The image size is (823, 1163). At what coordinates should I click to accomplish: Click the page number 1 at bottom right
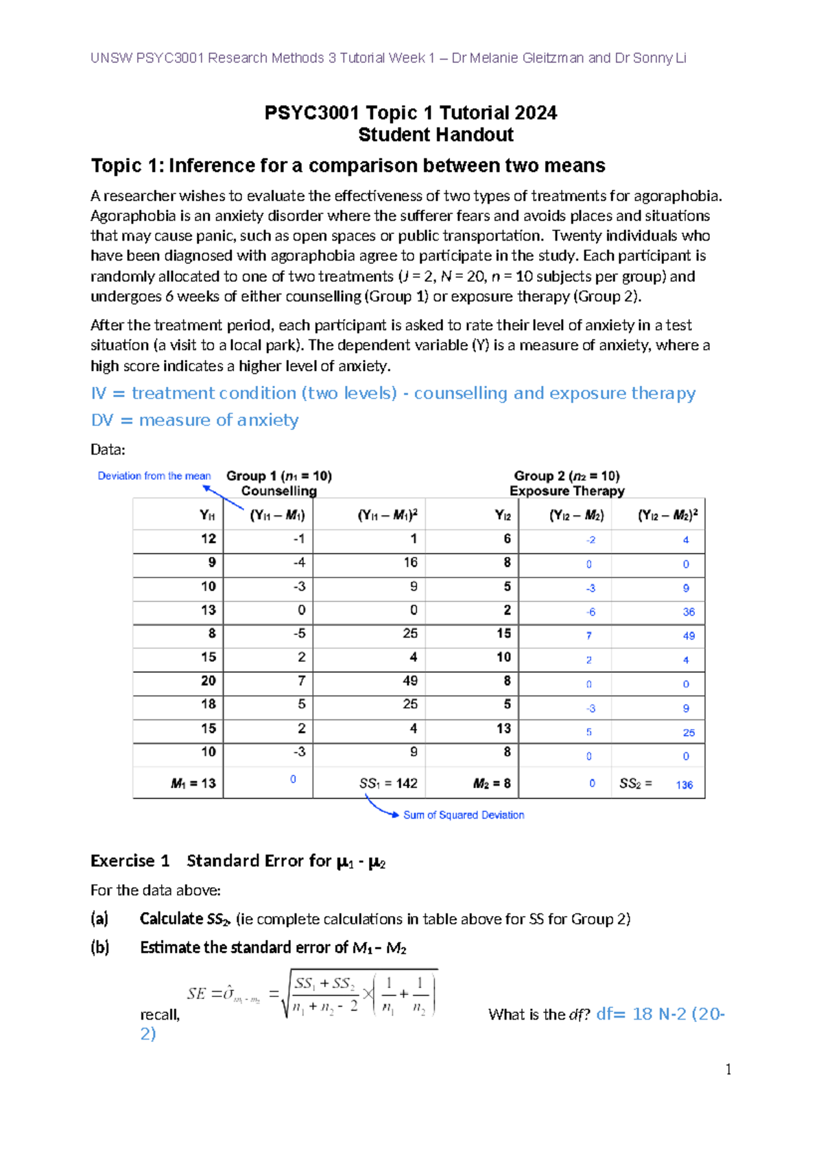728,1070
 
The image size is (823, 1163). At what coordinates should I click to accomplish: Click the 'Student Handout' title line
436,134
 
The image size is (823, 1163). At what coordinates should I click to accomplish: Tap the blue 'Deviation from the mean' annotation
154,476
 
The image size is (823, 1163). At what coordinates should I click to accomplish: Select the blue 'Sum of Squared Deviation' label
464,815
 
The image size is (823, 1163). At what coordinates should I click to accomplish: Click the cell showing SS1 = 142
388,783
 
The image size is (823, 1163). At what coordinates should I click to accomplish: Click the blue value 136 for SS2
684,784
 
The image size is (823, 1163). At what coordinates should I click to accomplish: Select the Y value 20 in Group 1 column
208,681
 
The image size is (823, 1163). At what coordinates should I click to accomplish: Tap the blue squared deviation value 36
689,612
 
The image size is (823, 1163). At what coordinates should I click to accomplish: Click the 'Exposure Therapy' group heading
566,491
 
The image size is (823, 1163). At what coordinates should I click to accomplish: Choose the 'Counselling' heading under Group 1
278,491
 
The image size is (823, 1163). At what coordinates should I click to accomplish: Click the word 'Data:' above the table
108,450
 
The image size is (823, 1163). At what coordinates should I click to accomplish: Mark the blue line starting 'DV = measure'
195,420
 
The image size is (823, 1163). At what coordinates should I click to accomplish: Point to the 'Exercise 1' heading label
130,861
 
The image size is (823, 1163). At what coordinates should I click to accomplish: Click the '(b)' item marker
100,948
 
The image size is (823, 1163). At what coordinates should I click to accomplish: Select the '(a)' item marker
100,919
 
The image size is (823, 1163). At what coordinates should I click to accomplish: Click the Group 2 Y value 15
504,634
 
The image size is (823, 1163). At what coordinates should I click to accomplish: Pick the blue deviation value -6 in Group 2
591,612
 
